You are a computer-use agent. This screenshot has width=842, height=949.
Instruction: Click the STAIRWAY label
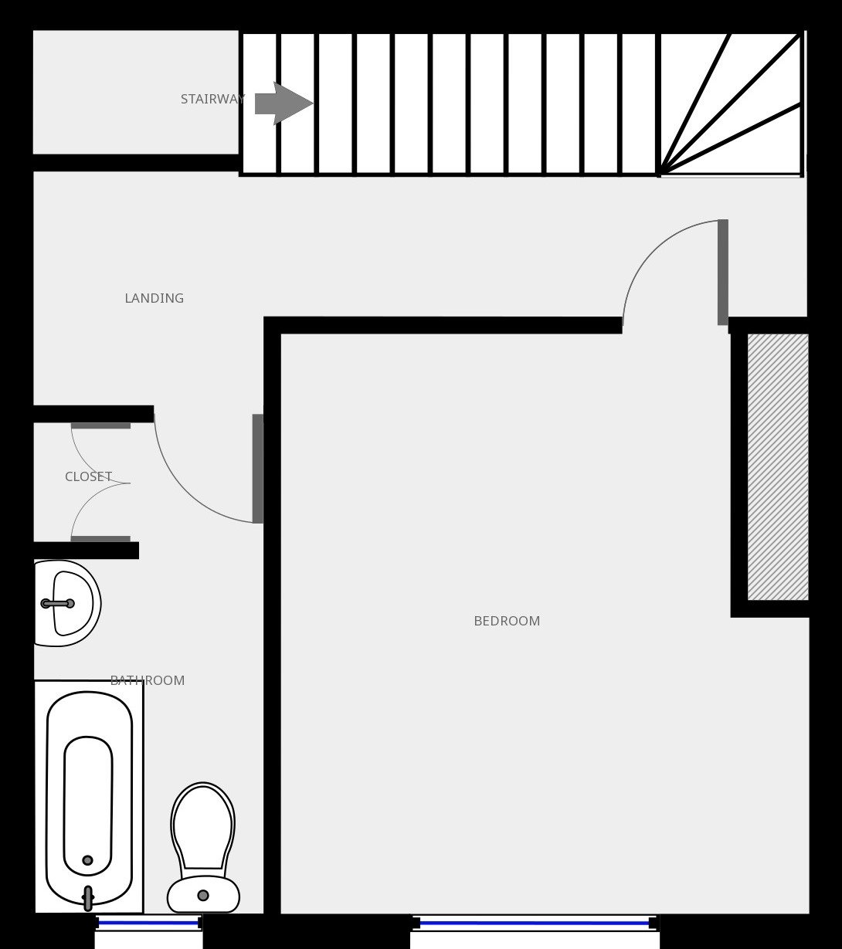pos(212,100)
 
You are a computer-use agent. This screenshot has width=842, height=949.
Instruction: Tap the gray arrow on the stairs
pos(284,103)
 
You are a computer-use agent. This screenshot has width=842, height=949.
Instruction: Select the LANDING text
pos(154,298)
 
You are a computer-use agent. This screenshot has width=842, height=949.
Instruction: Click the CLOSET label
pos(89,477)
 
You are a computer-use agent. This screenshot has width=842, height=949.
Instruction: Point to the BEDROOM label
pos(507,621)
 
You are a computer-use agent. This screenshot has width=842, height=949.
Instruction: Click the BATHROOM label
pos(148,680)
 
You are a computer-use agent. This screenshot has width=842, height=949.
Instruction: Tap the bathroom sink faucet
pos(58,604)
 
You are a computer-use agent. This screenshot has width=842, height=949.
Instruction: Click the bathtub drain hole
pos(87,860)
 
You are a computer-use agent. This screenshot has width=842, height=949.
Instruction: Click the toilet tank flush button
pos(203,896)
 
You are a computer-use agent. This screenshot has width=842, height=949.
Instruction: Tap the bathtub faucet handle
pos(87,898)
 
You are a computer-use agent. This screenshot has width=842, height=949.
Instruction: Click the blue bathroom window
pos(148,924)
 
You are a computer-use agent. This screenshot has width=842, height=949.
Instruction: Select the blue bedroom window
pos(535,924)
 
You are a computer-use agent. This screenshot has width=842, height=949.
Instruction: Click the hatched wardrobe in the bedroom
pos(778,467)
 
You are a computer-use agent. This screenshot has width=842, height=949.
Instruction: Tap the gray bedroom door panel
pos(723,272)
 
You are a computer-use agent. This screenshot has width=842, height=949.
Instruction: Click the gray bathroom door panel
pos(258,469)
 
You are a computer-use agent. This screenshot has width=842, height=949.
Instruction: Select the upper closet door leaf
pos(100,425)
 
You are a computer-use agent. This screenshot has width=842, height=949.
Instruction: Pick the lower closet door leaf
pos(100,539)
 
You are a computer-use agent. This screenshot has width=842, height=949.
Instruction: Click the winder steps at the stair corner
pos(731,104)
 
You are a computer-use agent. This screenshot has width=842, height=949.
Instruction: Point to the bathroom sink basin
pos(67,603)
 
